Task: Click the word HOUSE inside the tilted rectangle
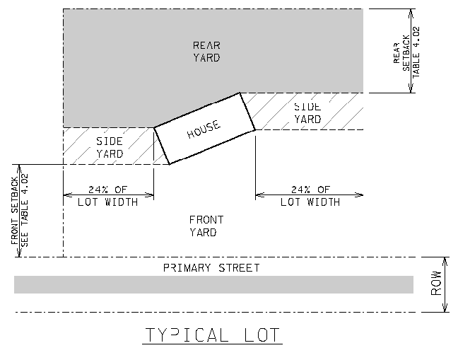pos(204,129)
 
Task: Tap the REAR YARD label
pos(206,52)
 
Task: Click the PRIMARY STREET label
pos(211,268)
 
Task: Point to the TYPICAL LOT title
pos(212,334)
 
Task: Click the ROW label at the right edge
pos(436,284)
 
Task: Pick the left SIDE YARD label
pos(110,147)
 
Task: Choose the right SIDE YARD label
pos(307,113)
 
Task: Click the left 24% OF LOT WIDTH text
pos(108,196)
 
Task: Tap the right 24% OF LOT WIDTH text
pos(310,196)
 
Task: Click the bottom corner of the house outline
pos(170,164)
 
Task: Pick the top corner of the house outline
pos(240,93)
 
